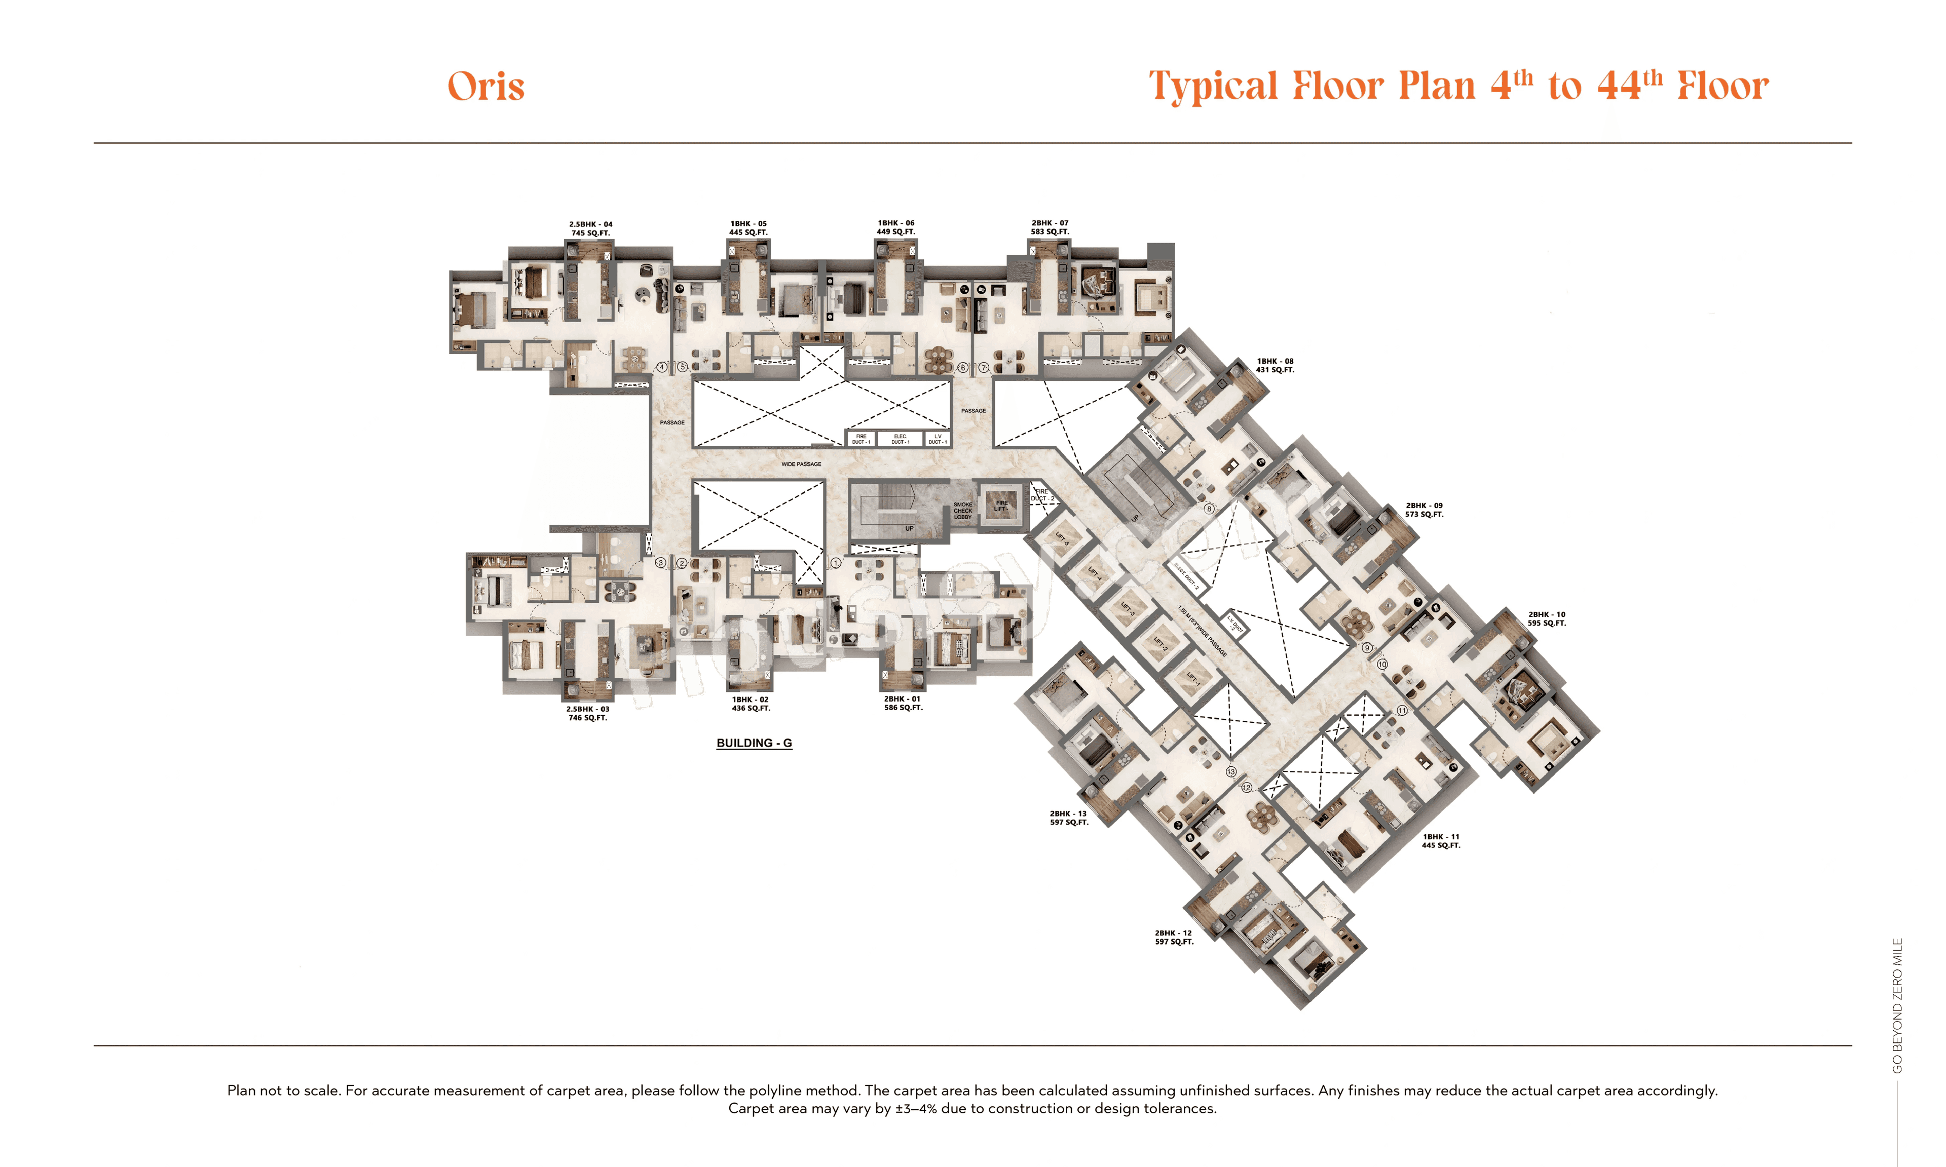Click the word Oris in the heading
[485, 87]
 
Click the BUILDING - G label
[754, 743]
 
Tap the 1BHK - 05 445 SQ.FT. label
[747, 228]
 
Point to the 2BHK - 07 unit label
[1050, 227]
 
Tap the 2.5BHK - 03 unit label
[587, 713]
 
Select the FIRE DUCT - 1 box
[862, 439]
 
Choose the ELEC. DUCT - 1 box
[900, 439]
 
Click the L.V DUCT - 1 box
[937, 439]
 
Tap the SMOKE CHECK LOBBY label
[963, 511]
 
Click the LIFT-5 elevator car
[1062, 539]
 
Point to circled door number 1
[836, 563]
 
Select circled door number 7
[983, 367]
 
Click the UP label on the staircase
[909, 528]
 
